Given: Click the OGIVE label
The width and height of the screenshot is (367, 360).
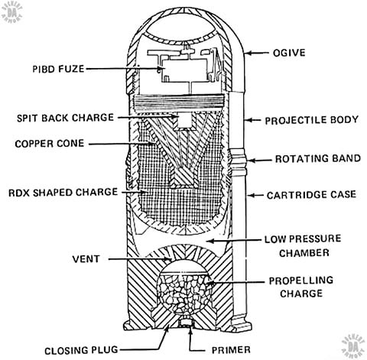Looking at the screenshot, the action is pyautogui.click(x=289, y=53).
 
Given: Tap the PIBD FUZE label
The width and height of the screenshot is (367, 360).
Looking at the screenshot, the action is pyautogui.click(x=58, y=69).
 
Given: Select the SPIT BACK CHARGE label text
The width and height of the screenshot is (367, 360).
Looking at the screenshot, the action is pyautogui.click(x=65, y=118).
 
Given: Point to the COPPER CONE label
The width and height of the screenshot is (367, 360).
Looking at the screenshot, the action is pyautogui.click(x=50, y=144).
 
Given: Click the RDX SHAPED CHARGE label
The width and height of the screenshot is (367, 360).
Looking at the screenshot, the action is pyautogui.click(x=63, y=193).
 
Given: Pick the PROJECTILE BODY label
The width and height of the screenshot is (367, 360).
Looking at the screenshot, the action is pyautogui.click(x=312, y=120).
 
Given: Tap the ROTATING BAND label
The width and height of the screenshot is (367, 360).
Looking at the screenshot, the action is pyautogui.click(x=318, y=158).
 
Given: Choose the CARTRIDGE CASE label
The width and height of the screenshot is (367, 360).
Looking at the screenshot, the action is pyautogui.click(x=311, y=195).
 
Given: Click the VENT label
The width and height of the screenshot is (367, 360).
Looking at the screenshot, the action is pyautogui.click(x=86, y=259).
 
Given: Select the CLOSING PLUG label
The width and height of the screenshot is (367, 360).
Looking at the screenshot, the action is pyautogui.click(x=81, y=351).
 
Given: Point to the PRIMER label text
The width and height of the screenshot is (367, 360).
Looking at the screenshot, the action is pyautogui.click(x=231, y=350).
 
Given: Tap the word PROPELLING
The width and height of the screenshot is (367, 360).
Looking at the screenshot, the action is pyautogui.click(x=301, y=281).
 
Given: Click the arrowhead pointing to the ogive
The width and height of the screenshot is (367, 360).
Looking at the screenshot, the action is pyautogui.click(x=248, y=53).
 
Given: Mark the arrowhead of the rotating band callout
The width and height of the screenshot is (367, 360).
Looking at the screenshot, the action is pyautogui.click(x=251, y=161).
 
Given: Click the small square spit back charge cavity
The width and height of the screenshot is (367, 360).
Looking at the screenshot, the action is pyautogui.click(x=185, y=120).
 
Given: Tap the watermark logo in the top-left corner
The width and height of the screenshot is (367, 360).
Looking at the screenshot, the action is pyautogui.click(x=11, y=12).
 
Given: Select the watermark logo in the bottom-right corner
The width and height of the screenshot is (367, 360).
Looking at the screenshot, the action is pyautogui.click(x=352, y=345).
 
